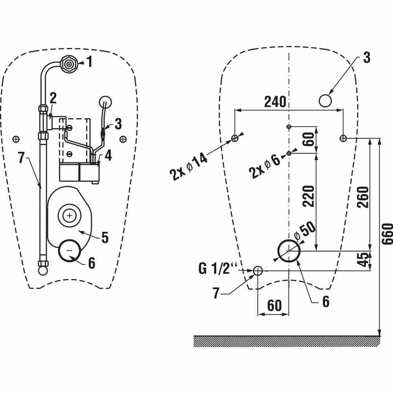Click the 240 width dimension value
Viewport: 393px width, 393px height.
point(275,102)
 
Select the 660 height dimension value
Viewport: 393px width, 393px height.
point(387,233)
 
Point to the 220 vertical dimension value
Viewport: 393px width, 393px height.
point(309,196)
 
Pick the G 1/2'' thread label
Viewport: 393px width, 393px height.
point(218,269)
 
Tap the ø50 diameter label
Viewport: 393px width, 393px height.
point(305,233)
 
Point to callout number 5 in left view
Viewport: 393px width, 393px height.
point(105,237)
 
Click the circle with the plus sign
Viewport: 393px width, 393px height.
point(70,215)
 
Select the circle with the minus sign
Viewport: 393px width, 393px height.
point(70,250)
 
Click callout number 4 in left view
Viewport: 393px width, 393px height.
point(108,155)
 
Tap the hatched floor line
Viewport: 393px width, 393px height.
point(287,341)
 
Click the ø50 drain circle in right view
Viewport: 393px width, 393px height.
point(289,250)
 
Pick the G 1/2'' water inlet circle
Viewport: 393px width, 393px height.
point(258,270)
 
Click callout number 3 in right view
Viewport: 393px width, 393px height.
point(366,57)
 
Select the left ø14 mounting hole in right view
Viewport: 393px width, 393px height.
point(235,138)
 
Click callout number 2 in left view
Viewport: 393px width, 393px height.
point(53,98)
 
